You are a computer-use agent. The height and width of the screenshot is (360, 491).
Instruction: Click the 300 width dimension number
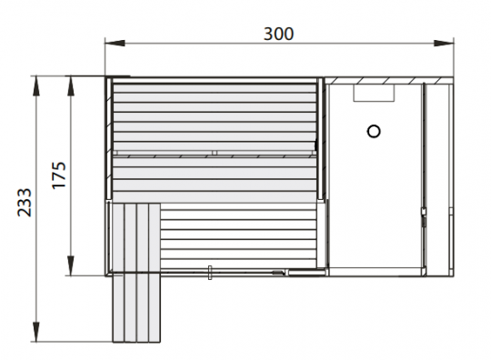tap(278, 34)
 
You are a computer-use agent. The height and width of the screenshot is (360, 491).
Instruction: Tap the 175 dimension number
tap(59, 175)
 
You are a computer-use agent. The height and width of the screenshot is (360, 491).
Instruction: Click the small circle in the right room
tap(373, 131)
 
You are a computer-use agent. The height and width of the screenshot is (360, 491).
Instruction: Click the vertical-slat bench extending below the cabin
tap(134, 273)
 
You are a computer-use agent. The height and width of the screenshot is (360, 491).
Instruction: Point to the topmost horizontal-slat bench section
tap(214, 116)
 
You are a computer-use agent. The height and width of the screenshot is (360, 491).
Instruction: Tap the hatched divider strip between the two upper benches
tap(214, 155)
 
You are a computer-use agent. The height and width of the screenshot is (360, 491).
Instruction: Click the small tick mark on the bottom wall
tap(210, 270)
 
